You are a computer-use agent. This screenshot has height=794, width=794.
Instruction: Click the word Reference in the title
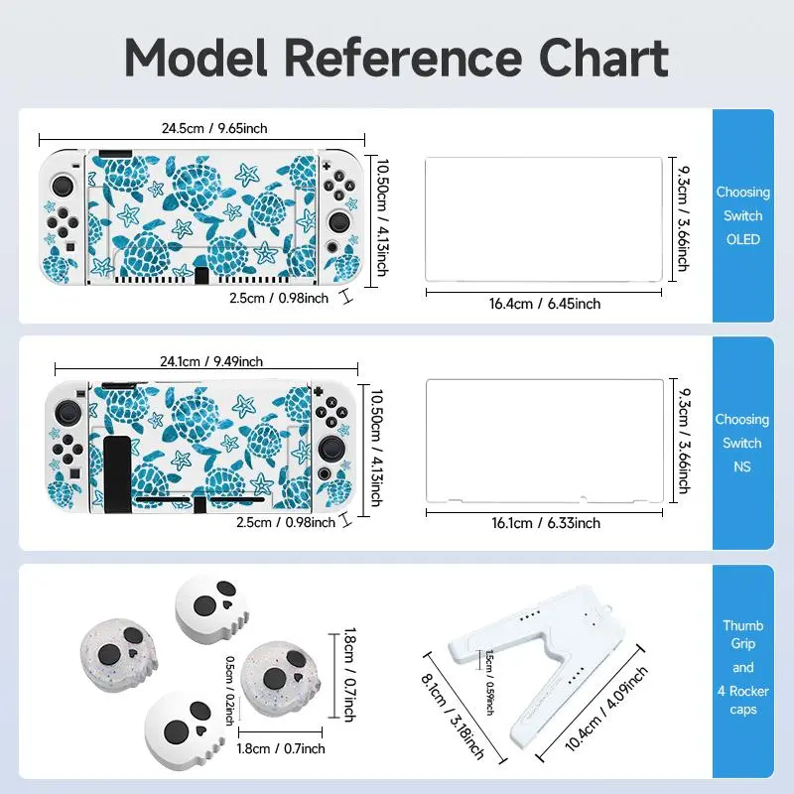[403, 59]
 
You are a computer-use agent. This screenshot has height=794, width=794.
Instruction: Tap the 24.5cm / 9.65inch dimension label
[214, 128]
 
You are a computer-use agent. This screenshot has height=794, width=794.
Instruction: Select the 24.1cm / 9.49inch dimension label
[211, 361]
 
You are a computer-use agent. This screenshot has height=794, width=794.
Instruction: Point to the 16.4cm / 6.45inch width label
[544, 304]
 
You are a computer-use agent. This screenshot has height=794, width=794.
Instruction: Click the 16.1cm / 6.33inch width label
[545, 523]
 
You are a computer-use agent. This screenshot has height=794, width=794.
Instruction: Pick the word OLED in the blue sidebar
[742, 239]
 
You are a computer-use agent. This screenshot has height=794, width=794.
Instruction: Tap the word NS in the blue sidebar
[741, 466]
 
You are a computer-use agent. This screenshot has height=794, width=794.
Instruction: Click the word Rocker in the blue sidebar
[748, 691]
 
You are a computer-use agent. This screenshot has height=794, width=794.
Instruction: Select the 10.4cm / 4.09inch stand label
[606, 709]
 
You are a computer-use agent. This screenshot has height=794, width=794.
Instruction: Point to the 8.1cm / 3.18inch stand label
[453, 716]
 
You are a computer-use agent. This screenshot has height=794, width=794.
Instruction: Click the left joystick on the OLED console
[63, 186]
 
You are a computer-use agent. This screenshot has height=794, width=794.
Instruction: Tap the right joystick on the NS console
[330, 448]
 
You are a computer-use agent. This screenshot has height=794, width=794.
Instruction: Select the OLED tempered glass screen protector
[543, 219]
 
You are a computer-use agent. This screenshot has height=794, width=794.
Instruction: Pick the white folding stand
[538, 663]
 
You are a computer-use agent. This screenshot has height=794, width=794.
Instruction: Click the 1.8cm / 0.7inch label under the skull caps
[281, 748]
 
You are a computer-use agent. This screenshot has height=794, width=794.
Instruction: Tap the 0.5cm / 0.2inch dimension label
[229, 690]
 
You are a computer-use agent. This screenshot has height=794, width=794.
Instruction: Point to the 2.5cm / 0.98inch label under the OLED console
[279, 299]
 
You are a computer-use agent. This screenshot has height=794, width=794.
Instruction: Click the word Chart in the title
[603, 59]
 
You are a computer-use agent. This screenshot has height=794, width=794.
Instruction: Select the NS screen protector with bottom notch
[544, 441]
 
